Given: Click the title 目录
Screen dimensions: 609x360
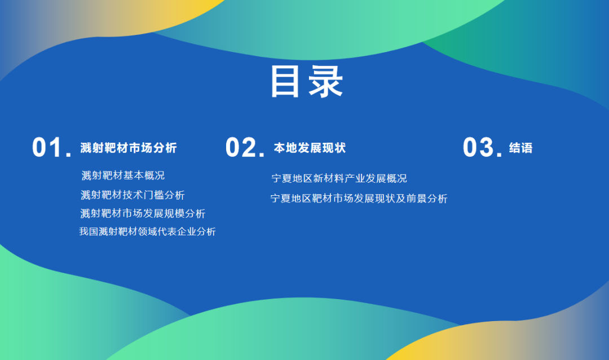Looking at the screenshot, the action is coord(306,82).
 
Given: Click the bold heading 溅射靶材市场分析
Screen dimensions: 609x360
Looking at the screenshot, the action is coord(129,148).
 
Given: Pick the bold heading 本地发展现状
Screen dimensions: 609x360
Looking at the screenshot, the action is coord(310,148).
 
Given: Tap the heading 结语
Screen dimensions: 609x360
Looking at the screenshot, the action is coord(521,148).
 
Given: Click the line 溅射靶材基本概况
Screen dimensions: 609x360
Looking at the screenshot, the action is coord(123,175).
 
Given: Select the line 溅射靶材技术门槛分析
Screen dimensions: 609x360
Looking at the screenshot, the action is coord(133,195).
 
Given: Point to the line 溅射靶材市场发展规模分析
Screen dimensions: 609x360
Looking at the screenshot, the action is coord(143,213).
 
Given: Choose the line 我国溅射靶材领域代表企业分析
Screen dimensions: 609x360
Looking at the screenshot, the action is coord(147,232).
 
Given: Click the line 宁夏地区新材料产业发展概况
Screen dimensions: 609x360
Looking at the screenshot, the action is coord(339,178).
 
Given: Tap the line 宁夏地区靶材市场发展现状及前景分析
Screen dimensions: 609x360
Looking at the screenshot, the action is coord(359,199).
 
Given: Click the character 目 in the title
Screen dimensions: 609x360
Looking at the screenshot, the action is coord(285,82).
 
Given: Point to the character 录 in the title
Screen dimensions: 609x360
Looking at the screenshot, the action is coord(326,82).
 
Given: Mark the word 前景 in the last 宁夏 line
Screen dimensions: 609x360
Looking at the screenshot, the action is coord(416,199).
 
